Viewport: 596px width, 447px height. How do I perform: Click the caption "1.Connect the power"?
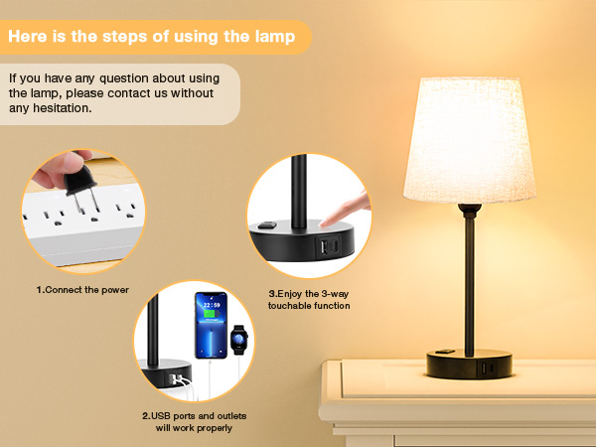click(x=82, y=290)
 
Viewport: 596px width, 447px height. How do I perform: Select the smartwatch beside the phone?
click(x=238, y=342)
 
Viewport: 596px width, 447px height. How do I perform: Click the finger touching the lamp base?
click(x=342, y=210)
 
